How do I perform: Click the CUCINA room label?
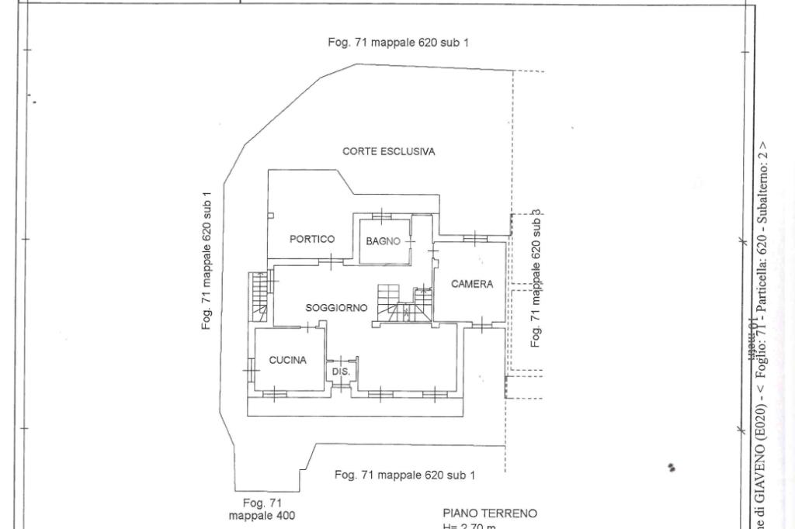point(287,360)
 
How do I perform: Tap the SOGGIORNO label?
point(336,308)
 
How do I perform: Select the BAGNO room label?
point(384,241)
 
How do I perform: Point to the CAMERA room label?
point(472,284)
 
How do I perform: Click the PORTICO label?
point(312,239)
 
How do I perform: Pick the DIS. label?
point(342,372)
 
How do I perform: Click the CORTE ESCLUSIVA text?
point(388,152)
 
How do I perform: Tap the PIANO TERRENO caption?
point(490,513)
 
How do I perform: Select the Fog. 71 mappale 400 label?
point(262,509)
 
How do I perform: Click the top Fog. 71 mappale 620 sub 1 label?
point(398,43)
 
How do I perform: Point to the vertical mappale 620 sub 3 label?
point(536,278)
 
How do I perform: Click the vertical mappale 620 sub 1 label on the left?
point(207,261)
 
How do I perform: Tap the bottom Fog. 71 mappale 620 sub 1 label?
point(404,475)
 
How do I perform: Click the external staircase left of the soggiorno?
point(258,296)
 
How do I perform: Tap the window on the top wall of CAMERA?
point(473,237)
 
